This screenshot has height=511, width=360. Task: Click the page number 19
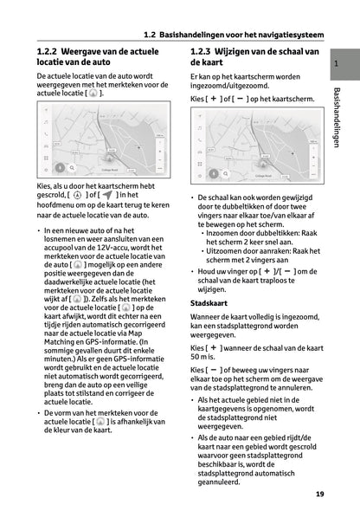(x=321, y=495)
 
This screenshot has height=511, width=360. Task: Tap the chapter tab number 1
(x=335, y=66)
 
